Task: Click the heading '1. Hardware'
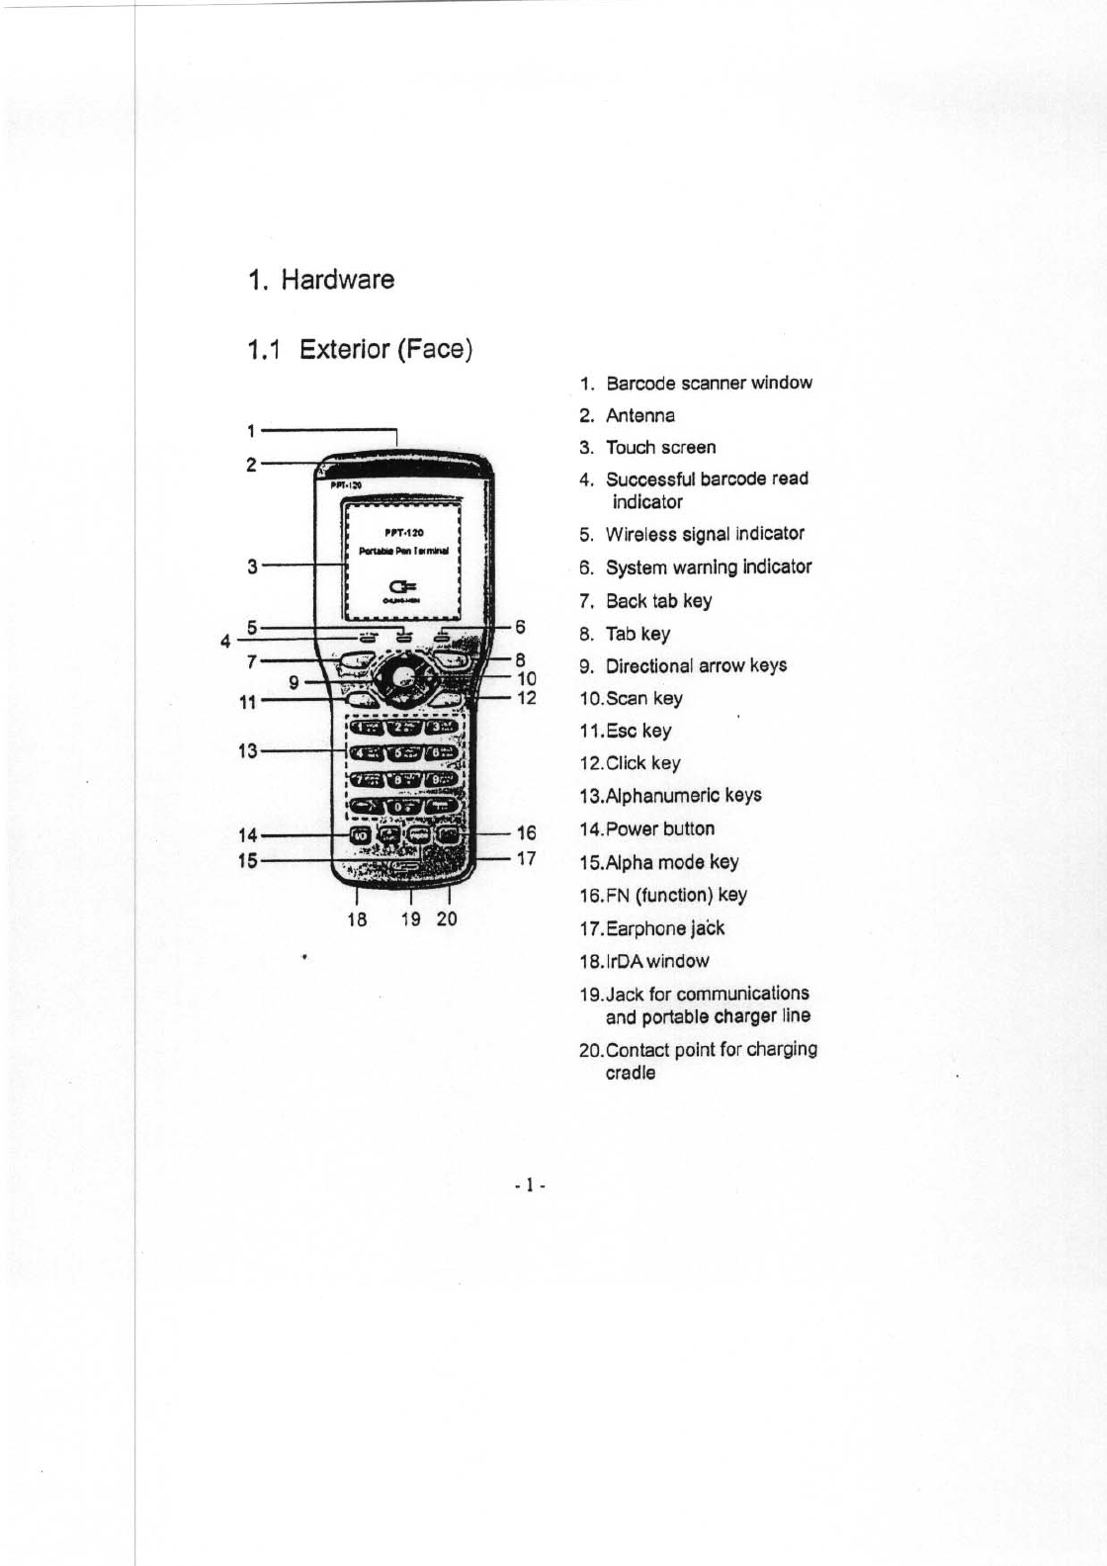click(322, 280)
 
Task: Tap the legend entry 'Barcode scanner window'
click(709, 383)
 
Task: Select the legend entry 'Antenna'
click(640, 415)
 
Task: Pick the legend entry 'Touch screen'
click(660, 447)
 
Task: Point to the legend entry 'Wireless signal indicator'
click(705, 534)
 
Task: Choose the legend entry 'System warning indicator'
click(709, 566)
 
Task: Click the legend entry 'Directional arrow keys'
click(696, 665)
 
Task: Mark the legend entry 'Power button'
click(659, 828)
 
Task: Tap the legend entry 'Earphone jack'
click(664, 928)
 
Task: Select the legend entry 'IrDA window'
click(656, 961)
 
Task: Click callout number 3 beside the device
click(253, 566)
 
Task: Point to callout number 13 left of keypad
click(248, 751)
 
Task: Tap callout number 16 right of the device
click(526, 833)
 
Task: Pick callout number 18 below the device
click(357, 918)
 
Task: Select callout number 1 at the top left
click(252, 431)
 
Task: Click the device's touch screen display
click(401, 560)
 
